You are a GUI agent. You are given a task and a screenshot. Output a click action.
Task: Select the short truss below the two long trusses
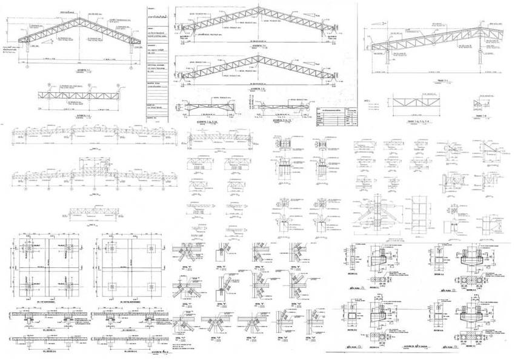point(91,212)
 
